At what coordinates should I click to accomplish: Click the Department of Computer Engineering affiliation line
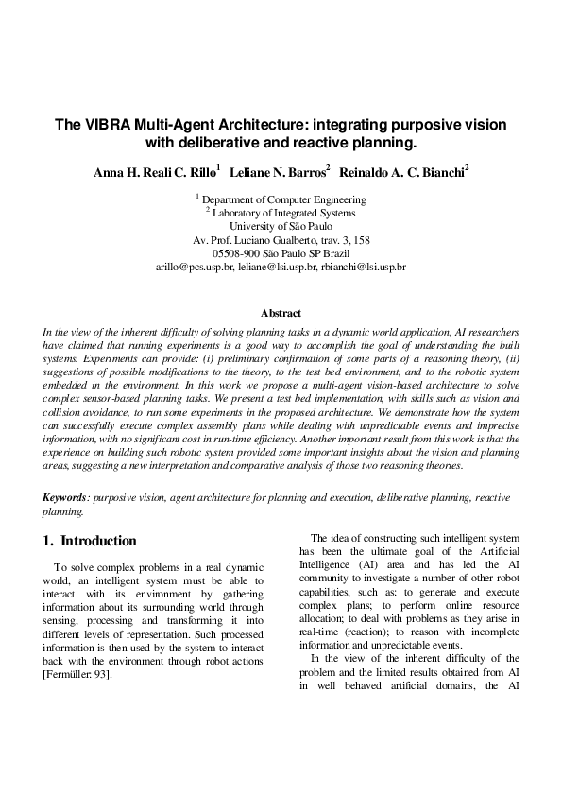coord(283,199)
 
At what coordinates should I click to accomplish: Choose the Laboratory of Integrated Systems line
coord(283,213)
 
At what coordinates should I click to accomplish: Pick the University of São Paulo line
coord(281,226)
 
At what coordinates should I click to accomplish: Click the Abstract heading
coord(281,313)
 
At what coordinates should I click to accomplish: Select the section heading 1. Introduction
coord(91,542)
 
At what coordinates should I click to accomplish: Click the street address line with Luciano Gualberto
coord(281,240)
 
